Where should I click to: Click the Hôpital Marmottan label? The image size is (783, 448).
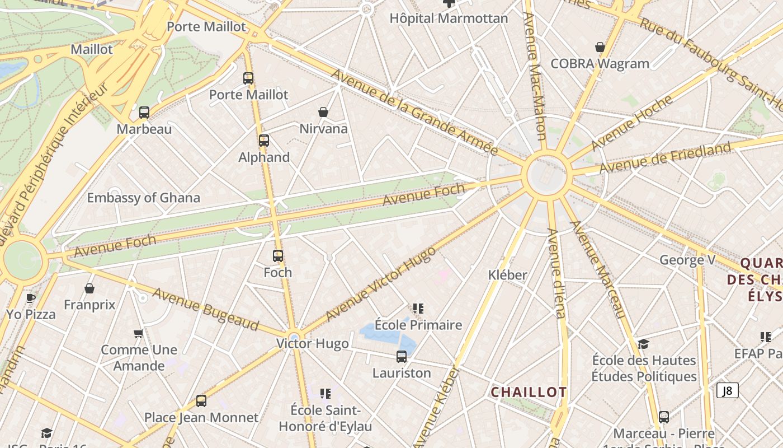point(449,18)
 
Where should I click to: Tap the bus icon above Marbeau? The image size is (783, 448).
point(144,113)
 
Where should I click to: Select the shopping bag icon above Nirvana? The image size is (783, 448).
point(323,112)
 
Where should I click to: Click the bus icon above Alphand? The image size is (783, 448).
point(264,141)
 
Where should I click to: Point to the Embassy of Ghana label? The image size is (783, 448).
point(143,198)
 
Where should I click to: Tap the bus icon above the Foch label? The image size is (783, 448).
point(278,256)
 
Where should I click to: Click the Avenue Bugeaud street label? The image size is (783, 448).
point(206,309)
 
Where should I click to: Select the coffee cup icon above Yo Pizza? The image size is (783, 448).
point(31,298)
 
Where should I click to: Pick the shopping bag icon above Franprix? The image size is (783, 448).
point(89,288)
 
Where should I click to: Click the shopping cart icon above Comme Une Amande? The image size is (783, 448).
point(139,333)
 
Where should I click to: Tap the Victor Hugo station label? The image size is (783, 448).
point(313,344)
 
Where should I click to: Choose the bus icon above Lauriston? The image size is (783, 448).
point(402,357)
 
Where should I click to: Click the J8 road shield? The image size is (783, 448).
point(727,390)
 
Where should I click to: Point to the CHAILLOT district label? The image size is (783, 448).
point(529,392)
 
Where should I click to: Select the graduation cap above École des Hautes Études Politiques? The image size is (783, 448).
point(644,344)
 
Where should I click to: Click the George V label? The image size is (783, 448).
point(687,260)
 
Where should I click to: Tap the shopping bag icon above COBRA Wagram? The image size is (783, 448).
point(600,47)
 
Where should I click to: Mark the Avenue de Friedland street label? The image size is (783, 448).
point(665,158)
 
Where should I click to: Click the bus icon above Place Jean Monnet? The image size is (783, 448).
point(201,401)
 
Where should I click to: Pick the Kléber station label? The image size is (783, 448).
point(508,275)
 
